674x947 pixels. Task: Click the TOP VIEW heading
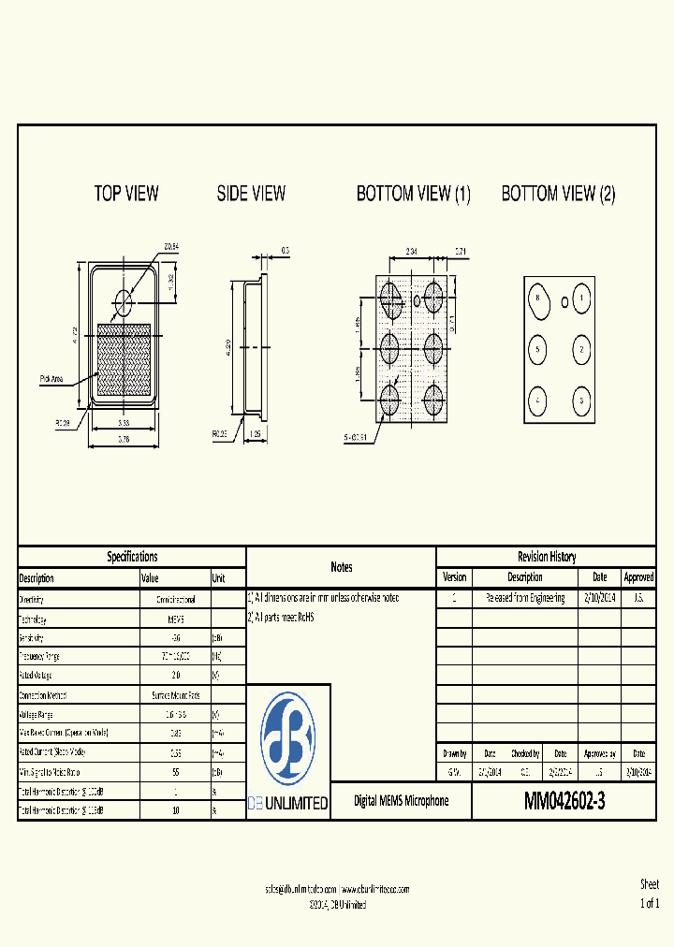[126, 194]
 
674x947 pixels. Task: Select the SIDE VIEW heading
[251, 194]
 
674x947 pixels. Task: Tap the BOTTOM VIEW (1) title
[413, 195]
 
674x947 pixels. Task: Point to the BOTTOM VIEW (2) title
[558, 195]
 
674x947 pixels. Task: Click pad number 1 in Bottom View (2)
[581, 299]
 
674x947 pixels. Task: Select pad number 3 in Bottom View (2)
[581, 400]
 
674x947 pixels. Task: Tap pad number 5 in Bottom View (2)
[537, 350]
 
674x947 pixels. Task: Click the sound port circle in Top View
[124, 300]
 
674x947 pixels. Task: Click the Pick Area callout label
[51, 379]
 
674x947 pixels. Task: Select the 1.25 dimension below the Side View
[254, 435]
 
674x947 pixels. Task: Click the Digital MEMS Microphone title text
[401, 801]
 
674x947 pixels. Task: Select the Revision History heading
[547, 557]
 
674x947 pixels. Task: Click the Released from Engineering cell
[524, 598]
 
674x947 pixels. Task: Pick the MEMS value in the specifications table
[175, 619]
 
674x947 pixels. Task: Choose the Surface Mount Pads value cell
[175, 695]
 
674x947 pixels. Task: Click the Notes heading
[342, 567]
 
